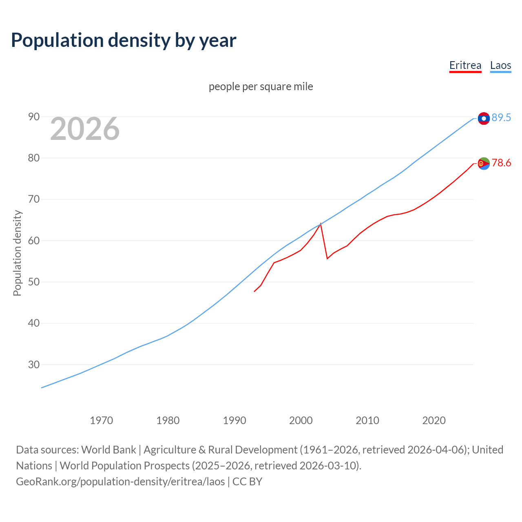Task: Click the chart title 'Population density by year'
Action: [124, 40]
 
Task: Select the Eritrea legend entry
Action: [465, 65]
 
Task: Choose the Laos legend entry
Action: [500, 65]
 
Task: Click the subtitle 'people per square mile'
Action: [261, 86]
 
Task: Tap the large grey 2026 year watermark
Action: [85, 129]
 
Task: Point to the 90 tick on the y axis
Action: [34, 117]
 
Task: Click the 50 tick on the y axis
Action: [34, 282]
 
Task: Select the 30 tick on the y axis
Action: [34, 365]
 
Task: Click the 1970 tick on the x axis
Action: [102, 420]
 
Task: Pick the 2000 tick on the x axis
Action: [301, 420]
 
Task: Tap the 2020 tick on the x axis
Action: [434, 420]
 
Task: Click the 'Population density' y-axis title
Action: [17, 253]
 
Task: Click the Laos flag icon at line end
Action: [484, 118]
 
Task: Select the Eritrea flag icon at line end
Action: [484, 164]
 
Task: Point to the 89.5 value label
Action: [501, 117]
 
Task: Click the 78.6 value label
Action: [501, 163]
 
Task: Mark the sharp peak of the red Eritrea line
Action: [321, 224]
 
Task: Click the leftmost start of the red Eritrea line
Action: [254, 291]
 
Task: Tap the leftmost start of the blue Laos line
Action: [42, 387]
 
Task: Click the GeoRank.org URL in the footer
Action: [120, 481]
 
